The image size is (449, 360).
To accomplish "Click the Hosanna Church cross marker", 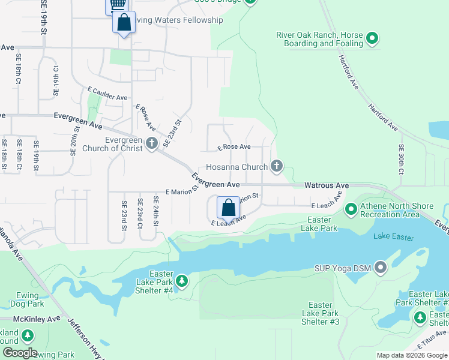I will [x=276, y=166].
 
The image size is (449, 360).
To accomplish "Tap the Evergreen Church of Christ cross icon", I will [x=152, y=143].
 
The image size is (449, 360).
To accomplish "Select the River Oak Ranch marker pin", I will [x=372, y=40].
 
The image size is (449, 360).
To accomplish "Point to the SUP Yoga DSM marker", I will [x=380, y=268].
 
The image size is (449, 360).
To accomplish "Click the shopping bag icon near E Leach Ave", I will [x=228, y=208].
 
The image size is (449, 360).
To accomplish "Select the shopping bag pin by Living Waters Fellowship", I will [x=124, y=23].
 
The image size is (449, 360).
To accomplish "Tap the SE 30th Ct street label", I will [x=401, y=158].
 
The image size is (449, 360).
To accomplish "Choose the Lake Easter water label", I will [x=394, y=238].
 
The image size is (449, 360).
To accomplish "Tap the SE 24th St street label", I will [x=155, y=211].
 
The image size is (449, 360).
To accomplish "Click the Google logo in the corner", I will [x=19, y=353].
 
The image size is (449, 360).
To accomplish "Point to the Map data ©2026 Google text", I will [x=411, y=355].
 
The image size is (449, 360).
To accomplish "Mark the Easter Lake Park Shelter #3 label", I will [x=321, y=314].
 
